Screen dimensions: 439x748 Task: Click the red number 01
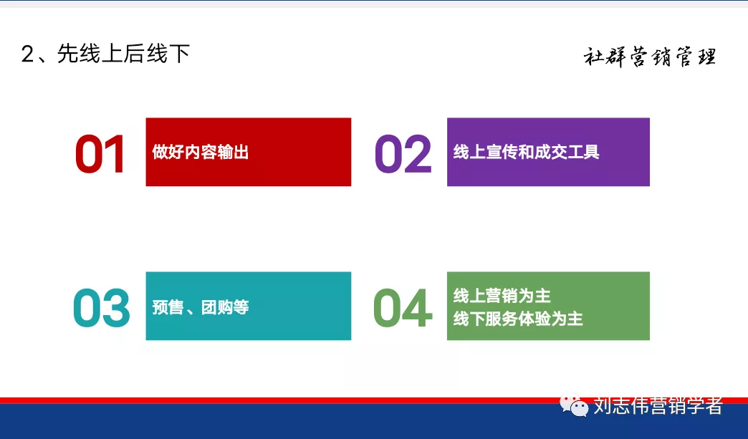click(x=100, y=154)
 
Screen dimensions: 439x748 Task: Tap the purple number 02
click(x=403, y=154)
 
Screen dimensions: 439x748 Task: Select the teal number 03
click(x=102, y=308)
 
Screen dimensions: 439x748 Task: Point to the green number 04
click(x=403, y=308)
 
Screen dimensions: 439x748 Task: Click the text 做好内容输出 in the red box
click(x=201, y=152)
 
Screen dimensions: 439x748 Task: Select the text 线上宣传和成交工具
click(x=526, y=152)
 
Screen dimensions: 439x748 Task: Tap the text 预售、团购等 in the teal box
click(x=201, y=307)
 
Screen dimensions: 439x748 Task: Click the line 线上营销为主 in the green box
click(x=502, y=296)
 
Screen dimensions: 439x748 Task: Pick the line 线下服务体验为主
click(x=518, y=319)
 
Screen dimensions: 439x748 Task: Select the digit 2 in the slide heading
click(x=28, y=54)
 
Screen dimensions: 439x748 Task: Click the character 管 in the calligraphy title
click(x=684, y=57)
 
